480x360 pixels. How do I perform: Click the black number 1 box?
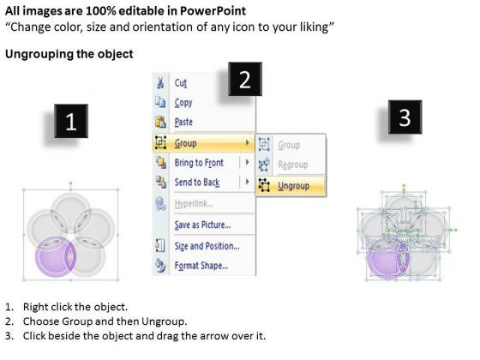point(71,121)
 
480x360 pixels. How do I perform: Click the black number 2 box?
point(245,79)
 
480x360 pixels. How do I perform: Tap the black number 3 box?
point(405,117)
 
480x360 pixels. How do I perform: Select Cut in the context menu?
point(180,82)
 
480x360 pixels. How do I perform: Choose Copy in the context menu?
point(183,103)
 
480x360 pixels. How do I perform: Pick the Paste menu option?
point(183,122)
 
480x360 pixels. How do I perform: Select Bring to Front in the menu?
point(199,163)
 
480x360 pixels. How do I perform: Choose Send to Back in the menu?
point(197,182)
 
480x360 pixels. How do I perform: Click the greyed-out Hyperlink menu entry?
point(194,204)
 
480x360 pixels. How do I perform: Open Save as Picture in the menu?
point(202,225)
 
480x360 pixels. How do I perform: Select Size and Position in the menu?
point(207,246)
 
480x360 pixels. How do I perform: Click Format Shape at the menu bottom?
point(201,266)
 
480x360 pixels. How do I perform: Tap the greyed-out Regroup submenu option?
point(292,165)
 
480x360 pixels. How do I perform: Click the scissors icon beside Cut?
point(160,82)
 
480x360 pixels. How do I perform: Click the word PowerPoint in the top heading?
point(213,11)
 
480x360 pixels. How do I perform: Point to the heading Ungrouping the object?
point(69,54)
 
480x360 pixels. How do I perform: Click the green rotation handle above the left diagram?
point(70,183)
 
